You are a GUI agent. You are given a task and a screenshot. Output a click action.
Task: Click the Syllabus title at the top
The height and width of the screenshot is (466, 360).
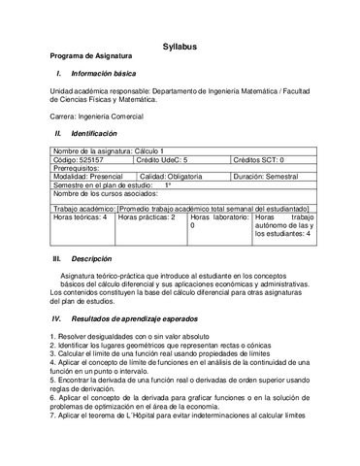(x=180, y=46)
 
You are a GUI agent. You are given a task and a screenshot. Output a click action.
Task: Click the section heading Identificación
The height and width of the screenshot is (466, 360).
(x=93, y=132)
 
